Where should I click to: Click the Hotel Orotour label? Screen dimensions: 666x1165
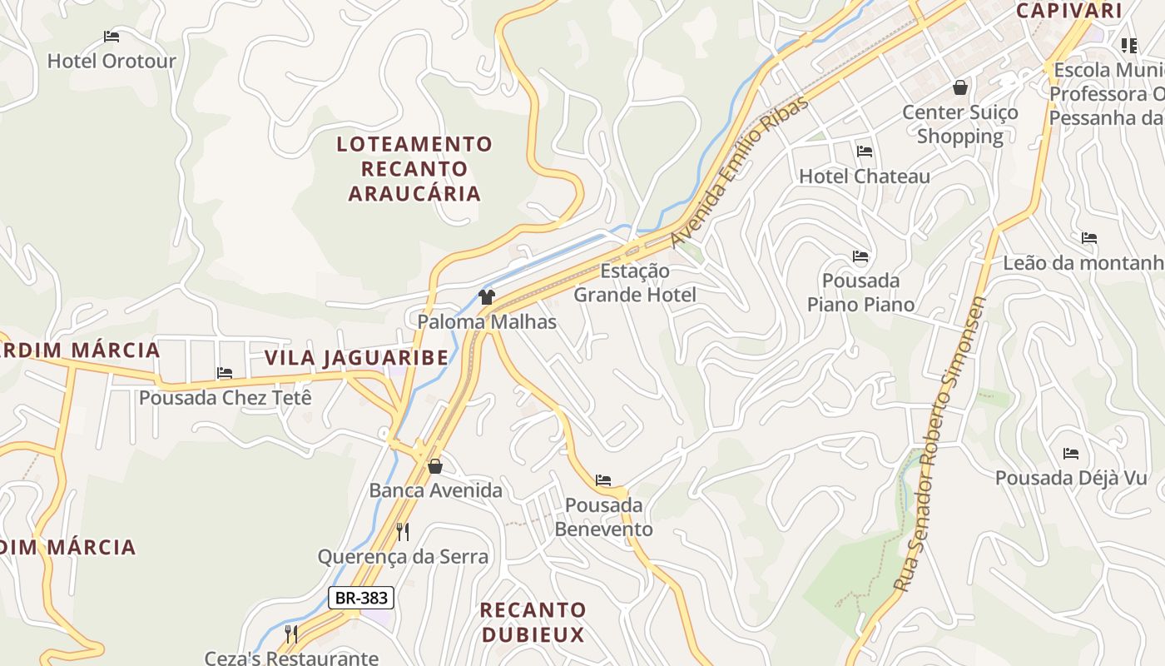click(x=112, y=61)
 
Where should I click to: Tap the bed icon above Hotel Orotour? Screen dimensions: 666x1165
click(x=112, y=37)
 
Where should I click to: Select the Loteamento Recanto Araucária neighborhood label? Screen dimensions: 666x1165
click(x=414, y=169)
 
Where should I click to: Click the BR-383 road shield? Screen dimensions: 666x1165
click(x=360, y=597)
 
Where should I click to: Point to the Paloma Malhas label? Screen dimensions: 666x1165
click(x=487, y=321)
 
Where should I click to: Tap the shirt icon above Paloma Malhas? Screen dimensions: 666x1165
click(x=487, y=297)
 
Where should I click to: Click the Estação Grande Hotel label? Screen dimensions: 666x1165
click(x=635, y=283)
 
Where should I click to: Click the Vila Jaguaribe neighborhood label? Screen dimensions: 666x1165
click(x=356, y=358)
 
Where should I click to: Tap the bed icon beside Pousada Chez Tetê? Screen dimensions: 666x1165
click(x=225, y=373)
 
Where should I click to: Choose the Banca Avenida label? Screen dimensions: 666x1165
click(x=436, y=490)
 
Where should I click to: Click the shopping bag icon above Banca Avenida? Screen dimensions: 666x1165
click(x=434, y=466)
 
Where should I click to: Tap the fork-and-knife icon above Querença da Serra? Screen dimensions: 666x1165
click(x=403, y=532)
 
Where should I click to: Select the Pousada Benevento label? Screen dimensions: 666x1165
click(x=604, y=517)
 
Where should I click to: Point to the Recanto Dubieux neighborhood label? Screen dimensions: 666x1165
click(x=533, y=622)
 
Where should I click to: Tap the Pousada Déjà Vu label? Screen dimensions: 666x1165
click(x=1072, y=478)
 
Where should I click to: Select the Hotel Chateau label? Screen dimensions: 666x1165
click(x=865, y=176)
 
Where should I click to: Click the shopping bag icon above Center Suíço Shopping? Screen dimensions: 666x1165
click(x=960, y=87)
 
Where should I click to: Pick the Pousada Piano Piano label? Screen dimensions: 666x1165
click(x=860, y=292)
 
